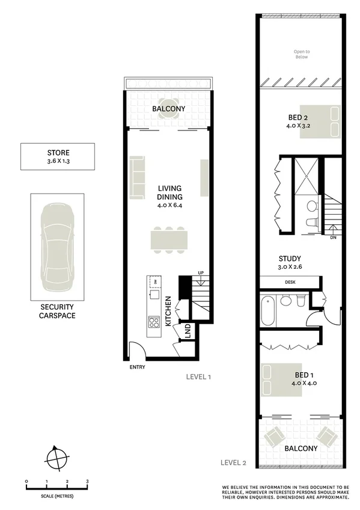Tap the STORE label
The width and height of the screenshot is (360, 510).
click(57, 152)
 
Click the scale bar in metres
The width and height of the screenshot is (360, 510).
click(57, 489)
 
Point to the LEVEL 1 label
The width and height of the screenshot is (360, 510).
click(198, 377)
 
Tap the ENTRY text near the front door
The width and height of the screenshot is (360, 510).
click(136, 367)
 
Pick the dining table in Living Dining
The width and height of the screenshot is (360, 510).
click(169, 239)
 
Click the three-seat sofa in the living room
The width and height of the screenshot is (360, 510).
click(136, 178)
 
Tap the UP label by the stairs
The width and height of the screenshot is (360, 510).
click(201, 274)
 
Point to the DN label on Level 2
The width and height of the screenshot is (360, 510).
click(333, 238)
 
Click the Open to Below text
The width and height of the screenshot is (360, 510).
click(301, 54)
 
